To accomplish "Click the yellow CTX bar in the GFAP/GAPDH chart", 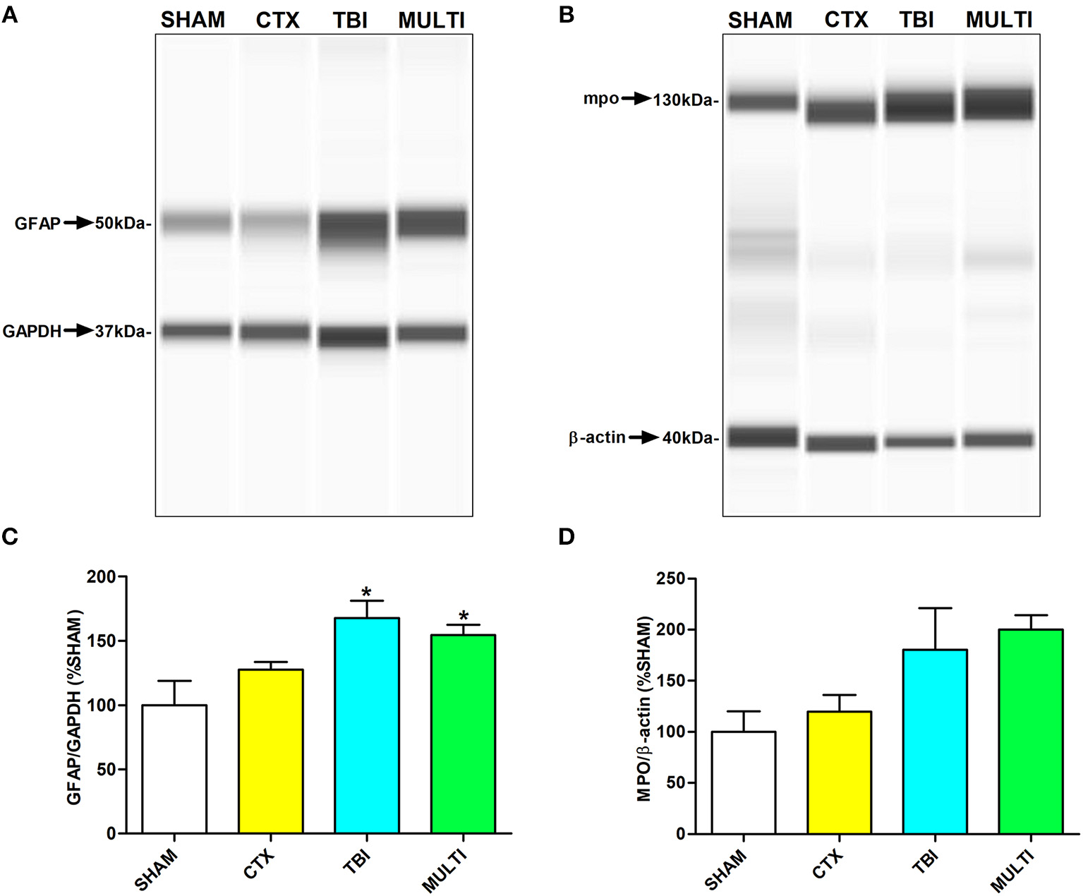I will click(271, 751).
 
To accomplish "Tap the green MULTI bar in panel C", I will click(463, 734).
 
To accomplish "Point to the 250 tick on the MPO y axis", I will click(670, 579).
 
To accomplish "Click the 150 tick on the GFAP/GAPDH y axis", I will click(101, 641).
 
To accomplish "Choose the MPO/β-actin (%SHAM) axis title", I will click(643, 708).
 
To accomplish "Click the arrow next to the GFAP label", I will click(78, 223).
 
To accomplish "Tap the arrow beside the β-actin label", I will click(643, 437).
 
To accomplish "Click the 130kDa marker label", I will click(684, 100).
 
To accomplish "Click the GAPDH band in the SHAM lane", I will click(197, 330).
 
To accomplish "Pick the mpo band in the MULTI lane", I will click(998, 103).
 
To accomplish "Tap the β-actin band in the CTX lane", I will click(841, 443).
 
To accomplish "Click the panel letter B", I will click(566, 15).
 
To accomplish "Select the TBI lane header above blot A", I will click(350, 20).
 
